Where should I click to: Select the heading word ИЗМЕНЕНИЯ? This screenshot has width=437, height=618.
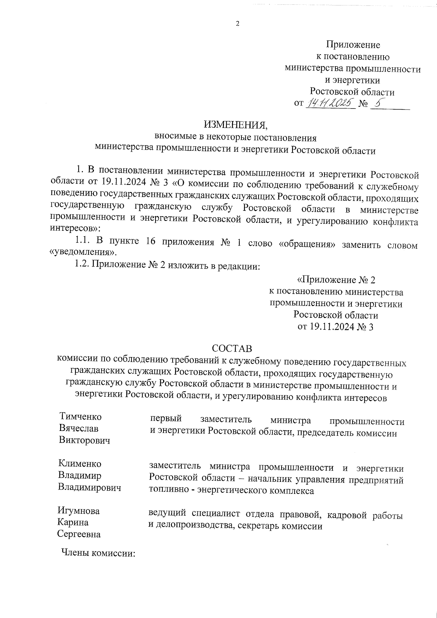click(x=236, y=125)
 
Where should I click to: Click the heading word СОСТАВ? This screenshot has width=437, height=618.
click(x=232, y=349)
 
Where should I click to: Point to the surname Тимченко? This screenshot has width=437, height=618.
click(x=80, y=417)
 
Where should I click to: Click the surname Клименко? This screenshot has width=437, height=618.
click(x=80, y=464)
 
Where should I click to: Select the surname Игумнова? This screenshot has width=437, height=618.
click(x=79, y=511)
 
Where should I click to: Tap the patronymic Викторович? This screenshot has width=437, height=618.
click(x=84, y=440)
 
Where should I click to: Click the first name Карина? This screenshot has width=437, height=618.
click(x=73, y=522)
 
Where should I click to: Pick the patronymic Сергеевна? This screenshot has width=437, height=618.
click(x=79, y=534)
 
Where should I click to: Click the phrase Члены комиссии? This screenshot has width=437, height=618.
click(x=98, y=554)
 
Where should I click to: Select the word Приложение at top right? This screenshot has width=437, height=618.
click(x=353, y=45)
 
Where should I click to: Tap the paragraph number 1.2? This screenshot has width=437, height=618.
click(x=82, y=265)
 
